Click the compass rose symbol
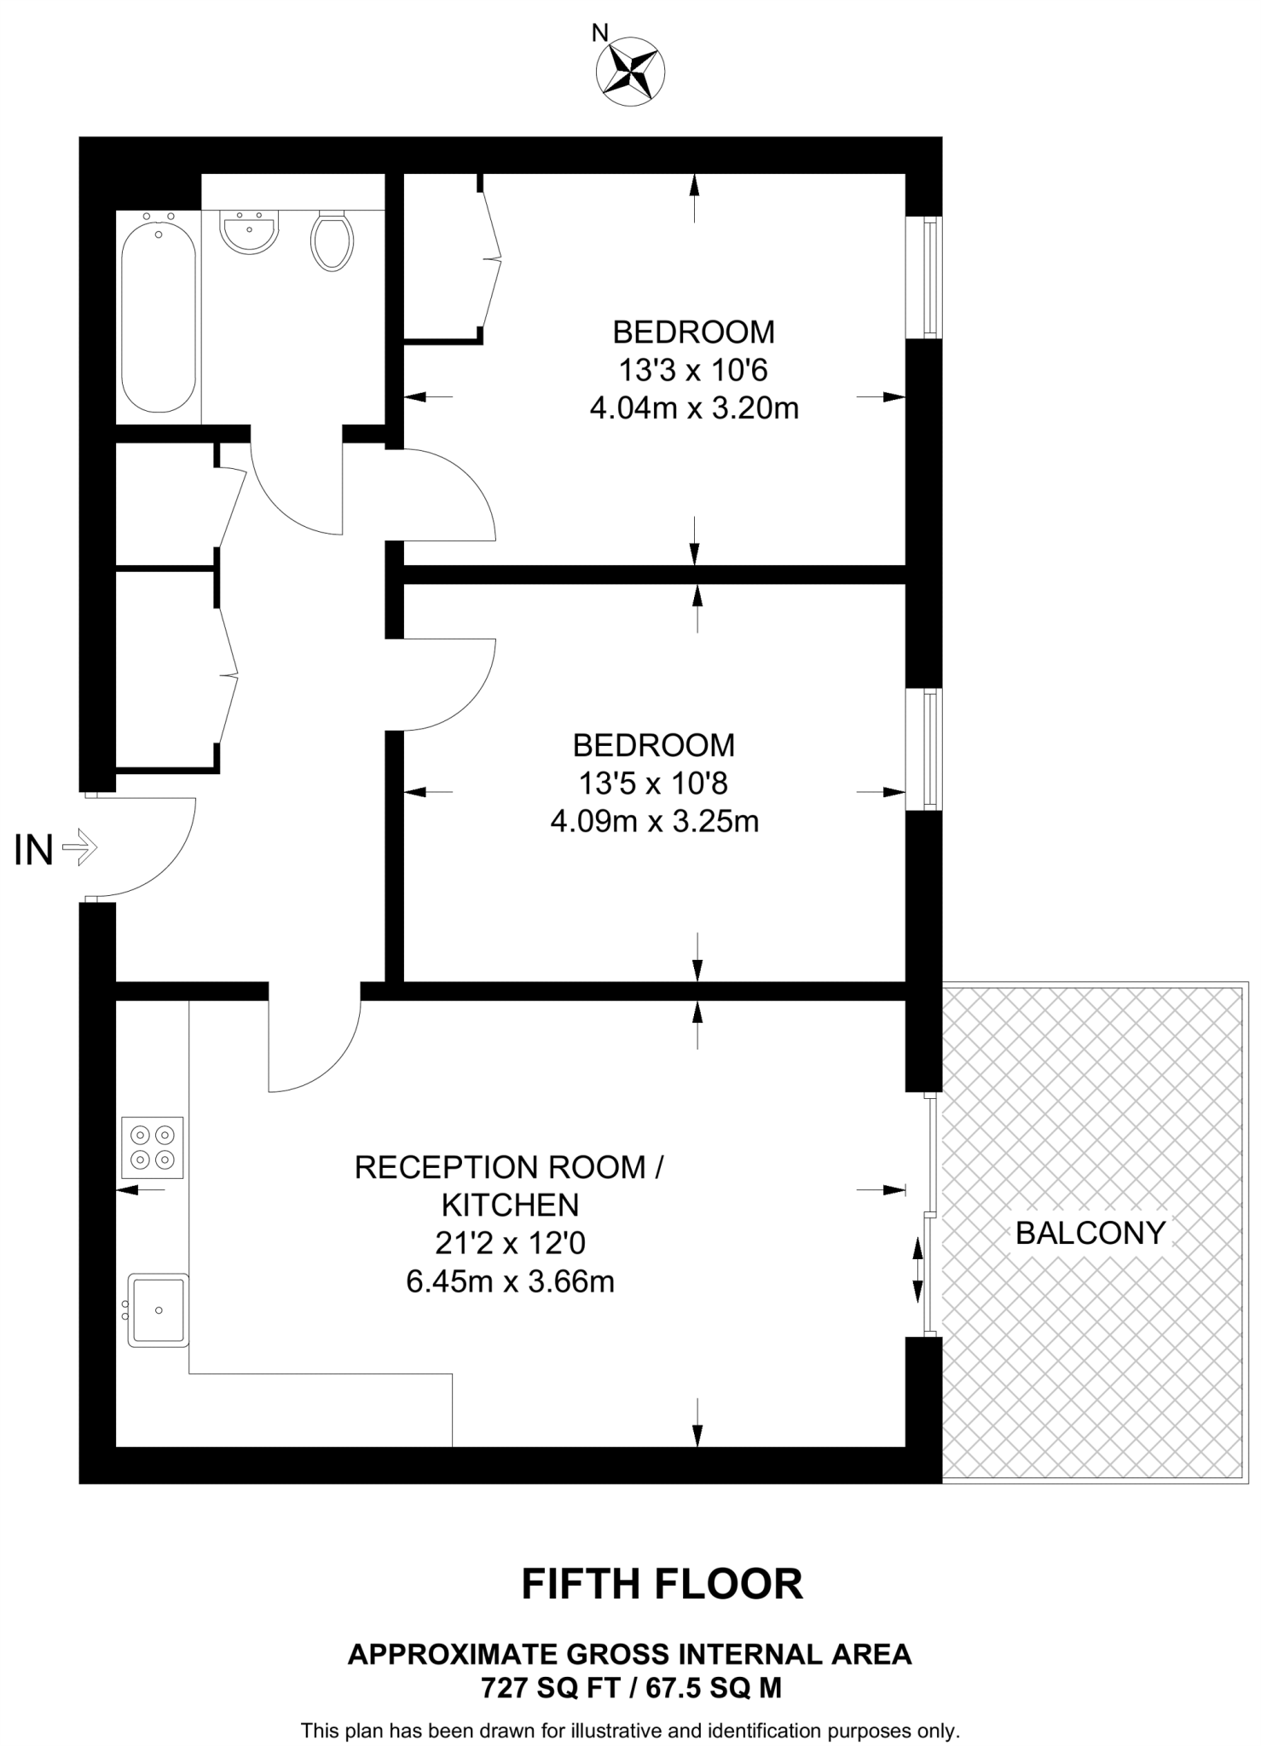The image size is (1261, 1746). [x=630, y=72]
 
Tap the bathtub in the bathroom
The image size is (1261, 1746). [x=159, y=317]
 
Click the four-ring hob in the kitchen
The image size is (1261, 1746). [x=153, y=1147]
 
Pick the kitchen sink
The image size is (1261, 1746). [x=158, y=1310]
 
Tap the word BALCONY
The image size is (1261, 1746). [x=1090, y=1233]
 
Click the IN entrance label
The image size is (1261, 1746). [x=34, y=850]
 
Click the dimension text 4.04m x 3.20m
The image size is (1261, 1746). [x=694, y=408]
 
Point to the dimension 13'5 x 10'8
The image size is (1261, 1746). [x=653, y=783]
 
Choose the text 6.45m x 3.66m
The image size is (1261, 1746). [x=510, y=1281]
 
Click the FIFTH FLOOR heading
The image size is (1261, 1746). [x=662, y=1584]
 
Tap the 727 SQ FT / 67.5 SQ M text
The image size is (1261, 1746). [x=631, y=1687]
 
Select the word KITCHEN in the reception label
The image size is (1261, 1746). [x=510, y=1205]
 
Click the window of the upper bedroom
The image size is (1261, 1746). [x=932, y=277]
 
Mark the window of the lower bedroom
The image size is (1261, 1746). [x=932, y=749]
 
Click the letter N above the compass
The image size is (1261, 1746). [x=600, y=33]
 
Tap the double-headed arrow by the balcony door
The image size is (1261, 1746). [x=917, y=1270]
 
